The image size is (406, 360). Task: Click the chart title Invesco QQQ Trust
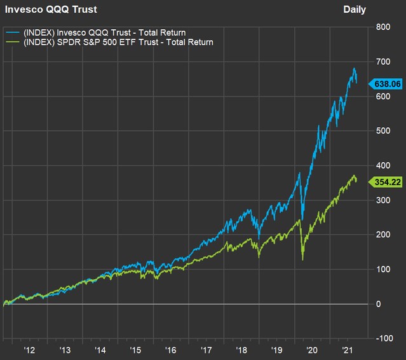pyautogui.click(x=42, y=10)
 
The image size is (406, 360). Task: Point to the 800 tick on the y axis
pyautogui.click(x=382, y=27)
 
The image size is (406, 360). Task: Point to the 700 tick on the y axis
pyautogui.click(x=382, y=62)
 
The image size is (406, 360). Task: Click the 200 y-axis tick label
pyautogui.click(x=382, y=235)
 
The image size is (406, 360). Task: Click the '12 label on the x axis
pyautogui.click(x=29, y=350)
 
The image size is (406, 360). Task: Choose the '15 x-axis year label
pyautogui.click(x=135, y=350)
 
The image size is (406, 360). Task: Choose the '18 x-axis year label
pyautogui.click(x=241, y=350)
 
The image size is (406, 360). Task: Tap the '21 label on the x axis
pyautogui.click(x=348, y=350)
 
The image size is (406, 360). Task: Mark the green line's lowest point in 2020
pyautogui.click(x=302, y=260)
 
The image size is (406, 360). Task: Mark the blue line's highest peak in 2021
pyautogui.click(x=354, y=69)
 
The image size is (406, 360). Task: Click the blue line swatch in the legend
pyautogui.click(x=13, y=32)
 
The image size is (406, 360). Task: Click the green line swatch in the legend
pyautogui.click(x=13, y=42)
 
